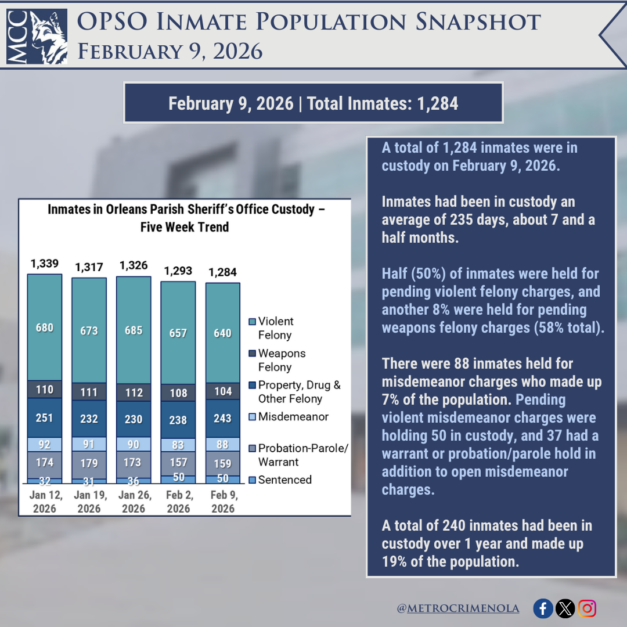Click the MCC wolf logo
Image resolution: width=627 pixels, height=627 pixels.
(37, 36)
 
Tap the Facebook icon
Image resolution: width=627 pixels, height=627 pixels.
(543, 608)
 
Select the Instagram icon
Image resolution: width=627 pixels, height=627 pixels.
(587, 608)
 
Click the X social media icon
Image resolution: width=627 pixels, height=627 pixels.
(565, 608)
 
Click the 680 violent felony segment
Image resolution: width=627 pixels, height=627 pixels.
(45, 327)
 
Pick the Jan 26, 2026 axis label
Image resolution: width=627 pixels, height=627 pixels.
(134, 502)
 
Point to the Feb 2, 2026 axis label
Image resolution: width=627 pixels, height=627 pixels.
(178, 502)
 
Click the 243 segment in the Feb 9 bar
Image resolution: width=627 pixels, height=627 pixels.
(222, 418)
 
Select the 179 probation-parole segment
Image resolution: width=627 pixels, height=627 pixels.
(89, 464)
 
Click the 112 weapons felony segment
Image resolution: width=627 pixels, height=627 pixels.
(134, 392)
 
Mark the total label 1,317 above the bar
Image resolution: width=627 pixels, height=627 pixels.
(89, 268)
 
